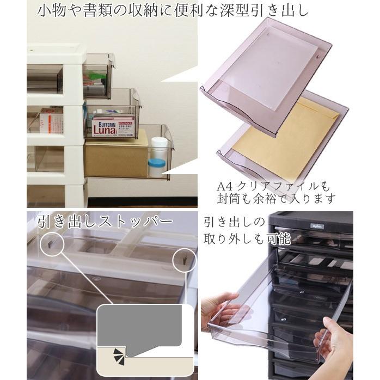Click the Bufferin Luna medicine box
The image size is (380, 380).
pyautogui.click(x=113, y=126)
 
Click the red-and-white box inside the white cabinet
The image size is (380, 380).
pyautogui.click(x=51, y=120)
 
